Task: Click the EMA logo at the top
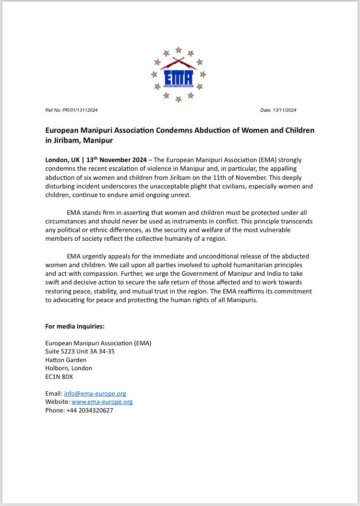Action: (178, 75)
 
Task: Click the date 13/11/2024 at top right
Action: (285, 110)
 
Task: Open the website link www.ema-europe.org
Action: (102, 402)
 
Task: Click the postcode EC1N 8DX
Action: (59, 377)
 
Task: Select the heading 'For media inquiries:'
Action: (75, 326)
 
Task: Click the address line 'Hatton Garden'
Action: (66, 360)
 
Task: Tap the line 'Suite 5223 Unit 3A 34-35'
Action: (80, 351)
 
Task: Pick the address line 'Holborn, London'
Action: (69, 368)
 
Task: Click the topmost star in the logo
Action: (178, 49)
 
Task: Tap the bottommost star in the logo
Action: (178, 99)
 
